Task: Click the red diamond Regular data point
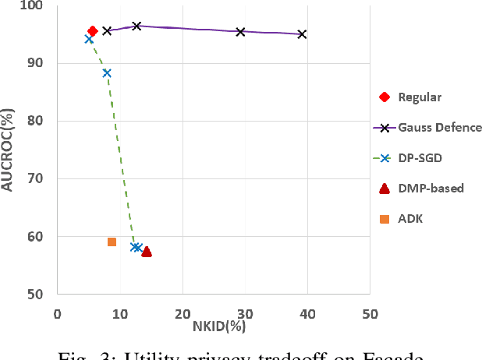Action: click(92, 31)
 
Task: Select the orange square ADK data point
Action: click(112, 242)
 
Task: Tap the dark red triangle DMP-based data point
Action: click(147, 252)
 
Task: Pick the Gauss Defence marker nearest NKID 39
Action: click(302, 34)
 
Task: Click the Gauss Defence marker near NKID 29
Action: click(240, 32)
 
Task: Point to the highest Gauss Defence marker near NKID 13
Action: click(136, 26)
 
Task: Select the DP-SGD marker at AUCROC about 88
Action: click(107, 73)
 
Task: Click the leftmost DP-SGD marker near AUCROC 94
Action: click(89, 39)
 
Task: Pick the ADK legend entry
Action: click(410, 219)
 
